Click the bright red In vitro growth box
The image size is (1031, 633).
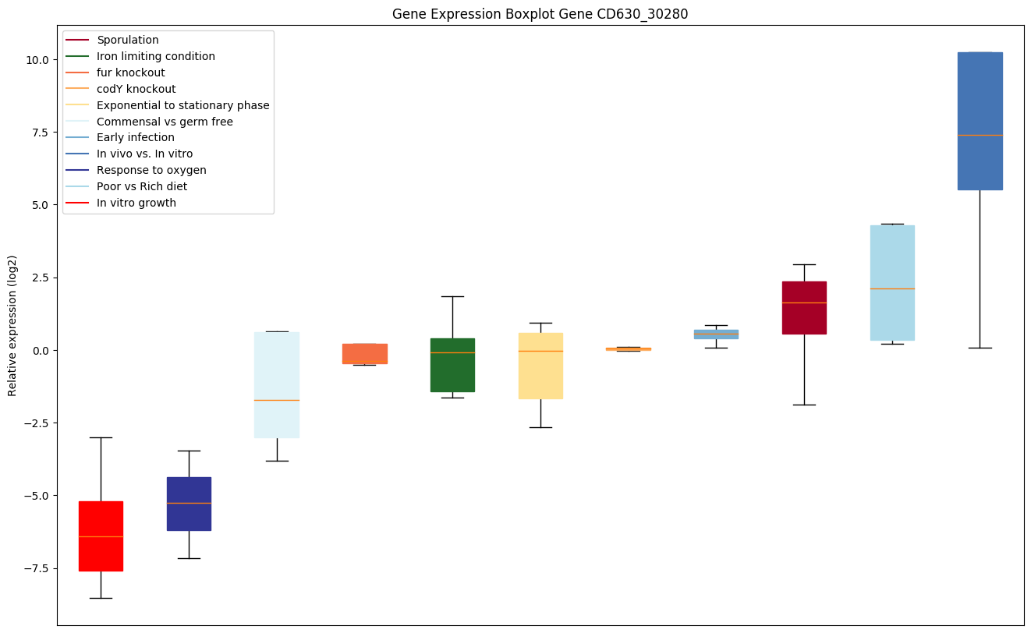pyautogui.click(x=101, y=536)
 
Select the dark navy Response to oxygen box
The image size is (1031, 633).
pyautogui.click(x=189, y=504)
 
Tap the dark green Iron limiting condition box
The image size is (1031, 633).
pyautogui.click(x=452, y=365)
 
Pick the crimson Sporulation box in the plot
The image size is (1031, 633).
pyautogui.click(x=804, y=307)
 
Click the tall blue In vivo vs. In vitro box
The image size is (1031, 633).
pyautogui.click(x=980, y=121)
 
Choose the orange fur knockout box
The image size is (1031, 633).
pyautogui.click(x=365, y=353)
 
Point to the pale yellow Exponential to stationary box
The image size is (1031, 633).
pyautogui.click(x=540, y=366)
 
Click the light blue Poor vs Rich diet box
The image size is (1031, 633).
pyautogui.click(x=892, y=282)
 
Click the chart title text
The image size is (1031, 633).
pyautogui.click(x=540, y=14)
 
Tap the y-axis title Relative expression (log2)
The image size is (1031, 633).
pyautogui.click(x=12, y=325)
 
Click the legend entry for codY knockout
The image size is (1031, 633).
pyautogui.click(x=136, y=89)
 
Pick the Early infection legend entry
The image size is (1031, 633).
pyautogui.click(x=135, y=137)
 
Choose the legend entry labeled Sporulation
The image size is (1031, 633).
pyautogui.click(x=127, y=40)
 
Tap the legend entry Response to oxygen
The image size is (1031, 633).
pyautogui.click(x=151, y=170)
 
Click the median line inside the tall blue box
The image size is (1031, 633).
pyautogui.click(x=980, y=135)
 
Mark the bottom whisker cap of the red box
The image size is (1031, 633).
pyautogui.click(x=101, y=598)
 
